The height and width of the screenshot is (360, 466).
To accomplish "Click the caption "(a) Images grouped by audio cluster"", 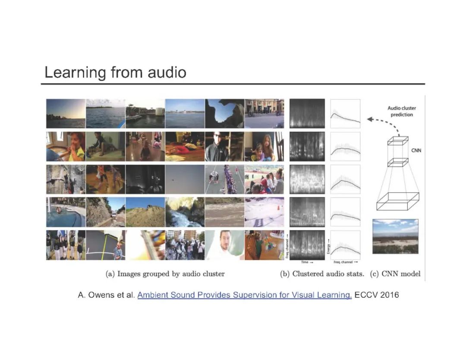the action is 165,274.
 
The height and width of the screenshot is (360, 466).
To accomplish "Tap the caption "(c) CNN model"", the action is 396,274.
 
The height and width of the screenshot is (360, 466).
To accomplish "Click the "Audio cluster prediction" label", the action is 402,111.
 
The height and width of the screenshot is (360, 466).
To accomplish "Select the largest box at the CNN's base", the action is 397,202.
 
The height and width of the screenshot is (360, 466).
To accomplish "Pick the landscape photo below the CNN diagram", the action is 395,237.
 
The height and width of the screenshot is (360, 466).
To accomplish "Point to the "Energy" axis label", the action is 329,245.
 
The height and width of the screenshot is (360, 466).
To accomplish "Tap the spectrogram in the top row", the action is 307,114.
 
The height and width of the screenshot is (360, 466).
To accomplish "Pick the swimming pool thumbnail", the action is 66,212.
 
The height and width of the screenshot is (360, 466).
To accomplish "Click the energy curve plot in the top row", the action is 345,114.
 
